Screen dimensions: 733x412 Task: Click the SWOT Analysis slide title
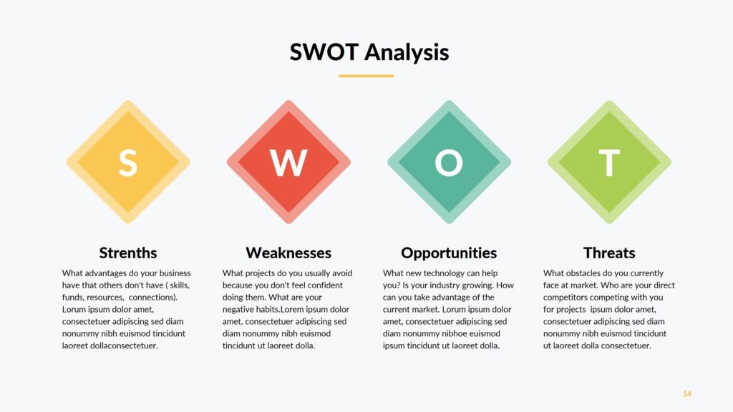(369, 52)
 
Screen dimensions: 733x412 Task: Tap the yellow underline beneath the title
(366, 76)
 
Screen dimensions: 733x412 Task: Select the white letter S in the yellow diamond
(128, 162)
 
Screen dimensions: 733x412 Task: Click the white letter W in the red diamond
(288, 162)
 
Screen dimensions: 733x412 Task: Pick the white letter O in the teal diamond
(449, 162)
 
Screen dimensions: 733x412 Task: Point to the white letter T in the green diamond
(609, 162)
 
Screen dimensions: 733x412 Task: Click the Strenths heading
(128, 252)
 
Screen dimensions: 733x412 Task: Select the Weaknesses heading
(288, 252)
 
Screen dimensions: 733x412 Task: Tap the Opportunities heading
(449, 253)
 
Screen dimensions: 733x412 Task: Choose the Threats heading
(609, 252)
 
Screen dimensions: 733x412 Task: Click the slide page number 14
(687, 394)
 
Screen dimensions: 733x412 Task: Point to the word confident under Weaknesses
(324, 285)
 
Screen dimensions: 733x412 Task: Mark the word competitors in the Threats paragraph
(565, 298)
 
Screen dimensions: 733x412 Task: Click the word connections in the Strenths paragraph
(153, 298)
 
